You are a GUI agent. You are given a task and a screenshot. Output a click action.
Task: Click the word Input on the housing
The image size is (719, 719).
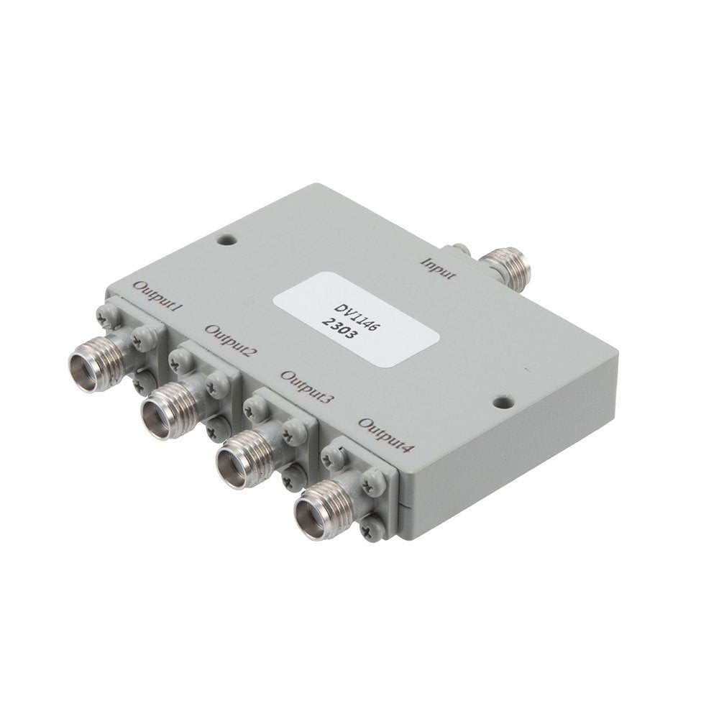tap(439, 269)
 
